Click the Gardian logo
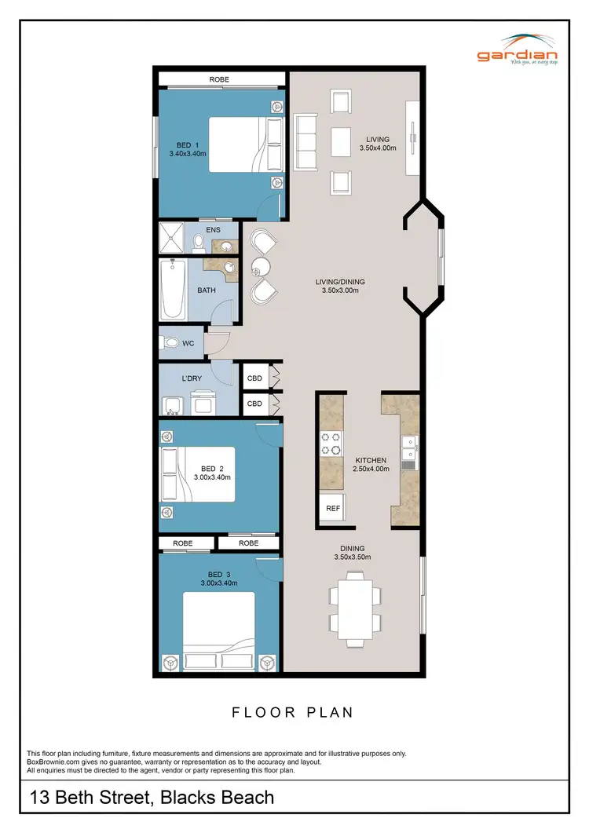[x=518, y=49]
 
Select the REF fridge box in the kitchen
[x=333, y=508]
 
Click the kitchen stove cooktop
[x=331, y=444]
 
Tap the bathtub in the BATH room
[x=173, y=290]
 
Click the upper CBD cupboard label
[x=254, y=378]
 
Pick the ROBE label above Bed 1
[x=221, y=79]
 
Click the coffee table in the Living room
[x=342, y=142]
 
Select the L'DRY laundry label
[x=192, y=379]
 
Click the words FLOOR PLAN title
[x=292, y=713]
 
